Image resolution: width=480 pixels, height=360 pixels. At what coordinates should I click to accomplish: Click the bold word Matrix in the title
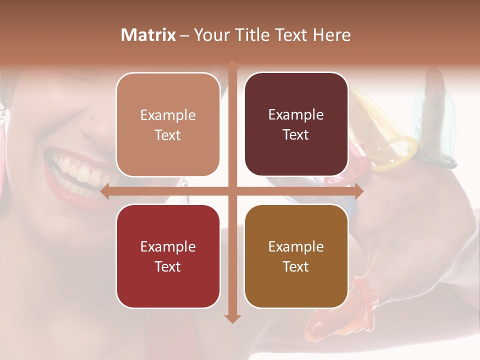click(x=148, y=35)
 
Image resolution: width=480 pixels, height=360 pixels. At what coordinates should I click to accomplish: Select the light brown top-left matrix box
click(x=168, y=124)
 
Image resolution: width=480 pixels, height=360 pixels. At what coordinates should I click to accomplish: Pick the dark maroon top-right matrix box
click(x=296, y=124)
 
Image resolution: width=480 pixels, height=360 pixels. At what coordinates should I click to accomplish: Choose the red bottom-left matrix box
click(x=168, y=256)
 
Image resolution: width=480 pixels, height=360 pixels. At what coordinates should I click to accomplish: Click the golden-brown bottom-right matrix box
click(x=296, y=256)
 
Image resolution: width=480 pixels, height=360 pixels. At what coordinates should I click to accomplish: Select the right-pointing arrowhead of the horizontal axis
click(x=358, y=191)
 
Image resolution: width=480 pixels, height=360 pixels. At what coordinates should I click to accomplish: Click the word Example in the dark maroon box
click(x=296, y=115)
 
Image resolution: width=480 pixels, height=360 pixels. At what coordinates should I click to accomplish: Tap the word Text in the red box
click(x=168, y=266)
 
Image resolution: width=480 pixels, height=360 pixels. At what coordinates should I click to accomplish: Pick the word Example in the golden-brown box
click(x=296, y=246)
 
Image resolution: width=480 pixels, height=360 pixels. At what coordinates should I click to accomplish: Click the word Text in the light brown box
click(x=168, y=135)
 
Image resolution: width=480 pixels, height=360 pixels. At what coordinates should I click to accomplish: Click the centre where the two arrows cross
click(x=232, y=191)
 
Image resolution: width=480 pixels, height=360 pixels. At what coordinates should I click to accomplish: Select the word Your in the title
click(x=210, y=35)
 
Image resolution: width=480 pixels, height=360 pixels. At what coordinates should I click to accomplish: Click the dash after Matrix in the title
click(x=184, y=35)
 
